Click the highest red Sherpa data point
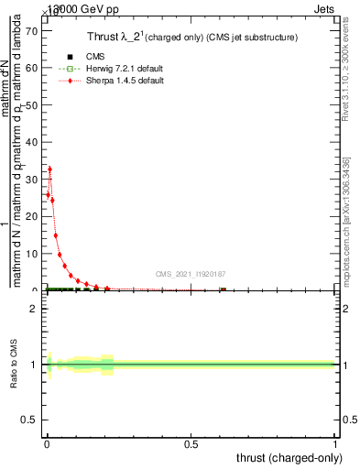49,169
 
